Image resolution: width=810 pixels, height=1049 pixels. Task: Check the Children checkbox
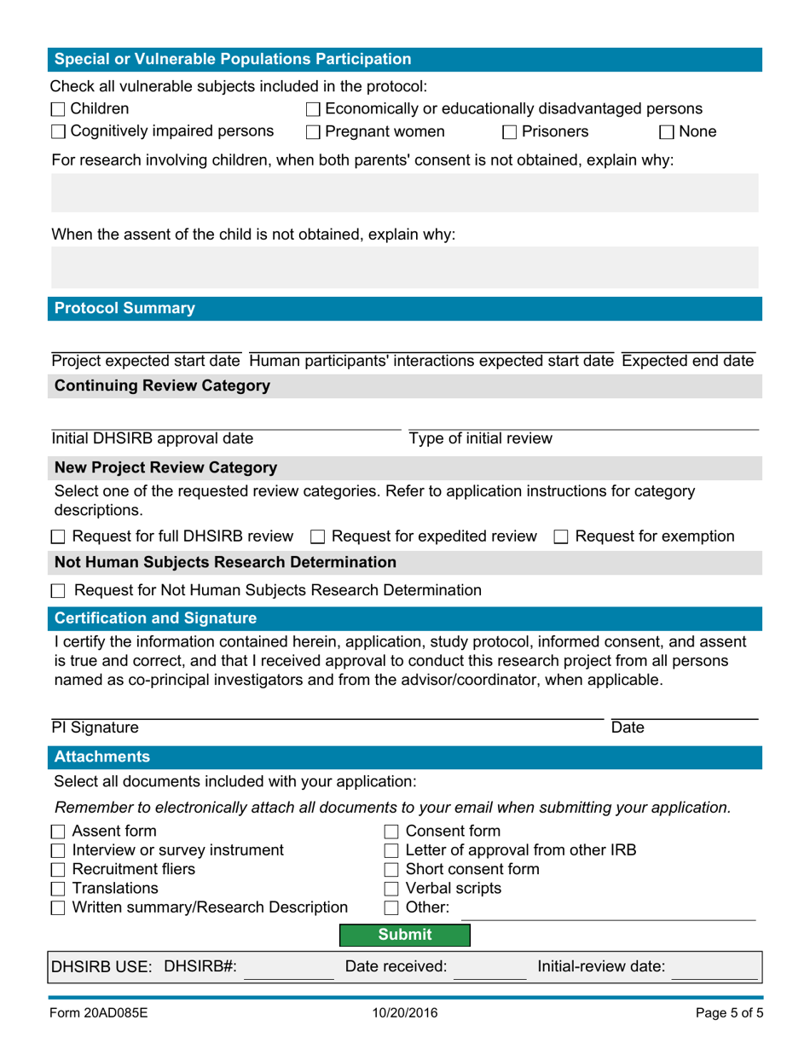pyautogui.click(x=58, y=109)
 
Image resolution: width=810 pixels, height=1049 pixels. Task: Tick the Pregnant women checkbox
pyautogui.click(x=313, y=132)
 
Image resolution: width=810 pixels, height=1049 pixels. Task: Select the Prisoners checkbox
pyautogui.click(x=509, y=132)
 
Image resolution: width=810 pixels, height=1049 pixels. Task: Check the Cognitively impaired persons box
pyautogui.click(x=58, y=132)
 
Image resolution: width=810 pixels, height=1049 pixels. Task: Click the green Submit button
pyautogui.click(x=405, y=935)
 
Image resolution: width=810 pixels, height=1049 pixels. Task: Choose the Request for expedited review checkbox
pyautogui.click(x=317, y=537)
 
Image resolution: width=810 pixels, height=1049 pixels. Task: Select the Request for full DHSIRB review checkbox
pyautogui.click(x=58, y=537)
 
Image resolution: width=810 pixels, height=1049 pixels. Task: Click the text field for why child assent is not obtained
pyautogui.click(x=405, y=267)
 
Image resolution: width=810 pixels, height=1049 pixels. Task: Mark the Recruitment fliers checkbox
pyautogui.click(x=58, y=870)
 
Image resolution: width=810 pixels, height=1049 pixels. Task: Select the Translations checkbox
pyautogui.click(x=58, y=889)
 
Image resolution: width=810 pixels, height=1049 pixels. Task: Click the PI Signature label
pyautogui.click(x=94, y=728)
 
